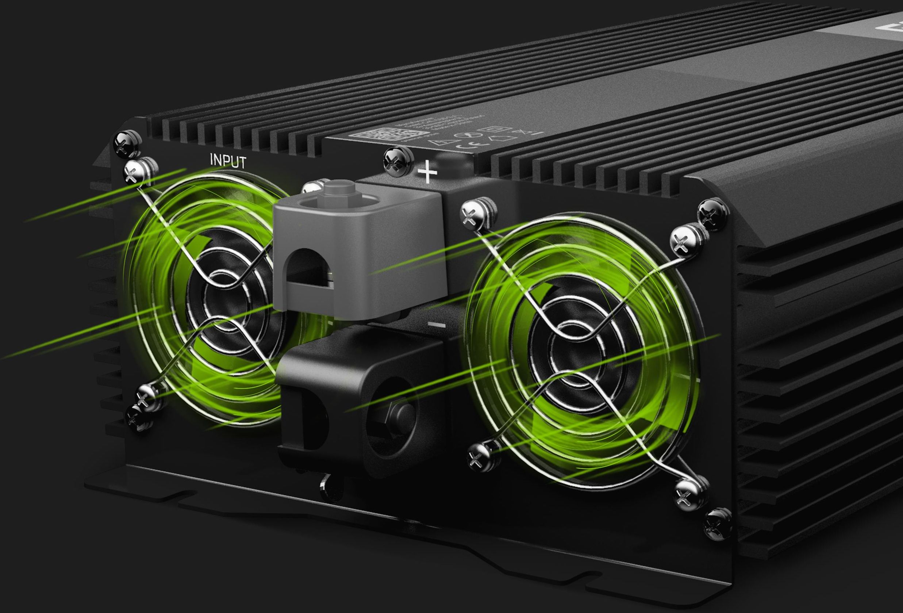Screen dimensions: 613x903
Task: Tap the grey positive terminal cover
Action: click(357, 249)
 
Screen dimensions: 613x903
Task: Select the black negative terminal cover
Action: click(361, 392)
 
